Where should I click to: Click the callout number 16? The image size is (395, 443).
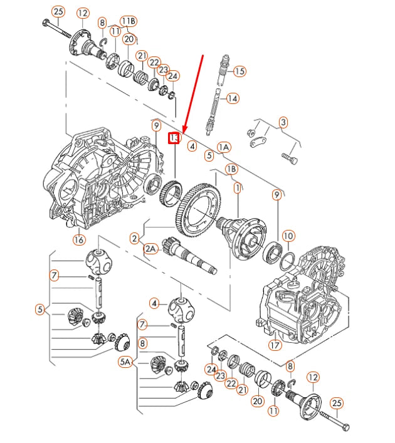tap(79, 239)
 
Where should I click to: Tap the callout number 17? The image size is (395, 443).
tap(274, 344)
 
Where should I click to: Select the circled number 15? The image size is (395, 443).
tap(238, 71)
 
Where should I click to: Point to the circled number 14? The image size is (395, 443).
tap(233, 98)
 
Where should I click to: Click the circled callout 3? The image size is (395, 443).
tap(283, 122)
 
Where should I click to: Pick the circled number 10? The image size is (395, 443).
tap(288, 236)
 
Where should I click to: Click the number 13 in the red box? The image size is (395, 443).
tap(174, 138)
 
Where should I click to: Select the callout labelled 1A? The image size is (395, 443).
tap(224, 148)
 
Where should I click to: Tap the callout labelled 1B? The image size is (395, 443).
tap(231, 169)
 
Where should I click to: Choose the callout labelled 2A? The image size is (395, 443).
tap(151, 248)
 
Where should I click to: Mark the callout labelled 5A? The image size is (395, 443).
tap(126, 362)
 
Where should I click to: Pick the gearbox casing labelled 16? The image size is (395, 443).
tap(94, 179)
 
